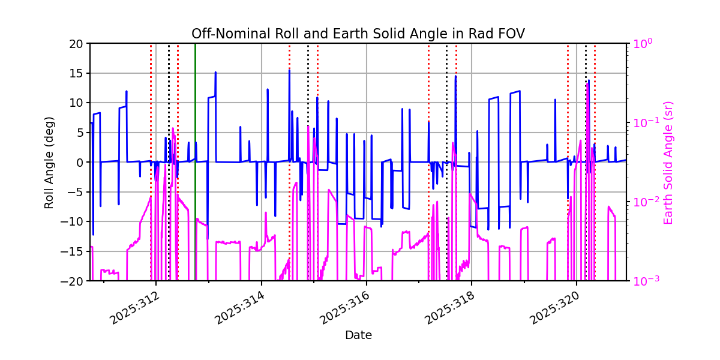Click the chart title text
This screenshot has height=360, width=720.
click(x=358, y=34)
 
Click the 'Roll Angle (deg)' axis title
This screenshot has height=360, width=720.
click(x=49, y=162)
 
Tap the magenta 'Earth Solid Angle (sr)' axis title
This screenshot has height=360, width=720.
click(x=668, y=162)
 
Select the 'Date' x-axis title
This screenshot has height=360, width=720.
click(x=358, y=335)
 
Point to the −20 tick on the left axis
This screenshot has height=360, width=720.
click(x=74, y=281)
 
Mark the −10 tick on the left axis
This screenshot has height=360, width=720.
click(x=74, y=221)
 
